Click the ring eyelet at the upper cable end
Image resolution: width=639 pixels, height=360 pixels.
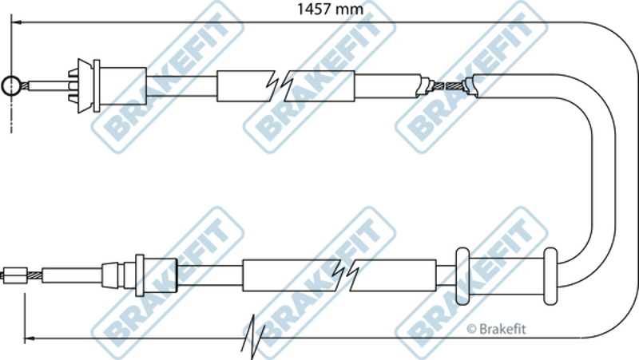(11, 85)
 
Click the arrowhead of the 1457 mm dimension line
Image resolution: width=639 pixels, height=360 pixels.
(18, 26)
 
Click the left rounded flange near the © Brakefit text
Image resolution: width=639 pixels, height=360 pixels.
(462, 275)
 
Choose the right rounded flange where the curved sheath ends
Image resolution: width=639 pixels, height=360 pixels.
(550, 275)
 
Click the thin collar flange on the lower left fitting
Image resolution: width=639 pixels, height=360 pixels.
(139, 276)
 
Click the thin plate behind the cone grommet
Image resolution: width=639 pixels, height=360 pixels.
(97, 83)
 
